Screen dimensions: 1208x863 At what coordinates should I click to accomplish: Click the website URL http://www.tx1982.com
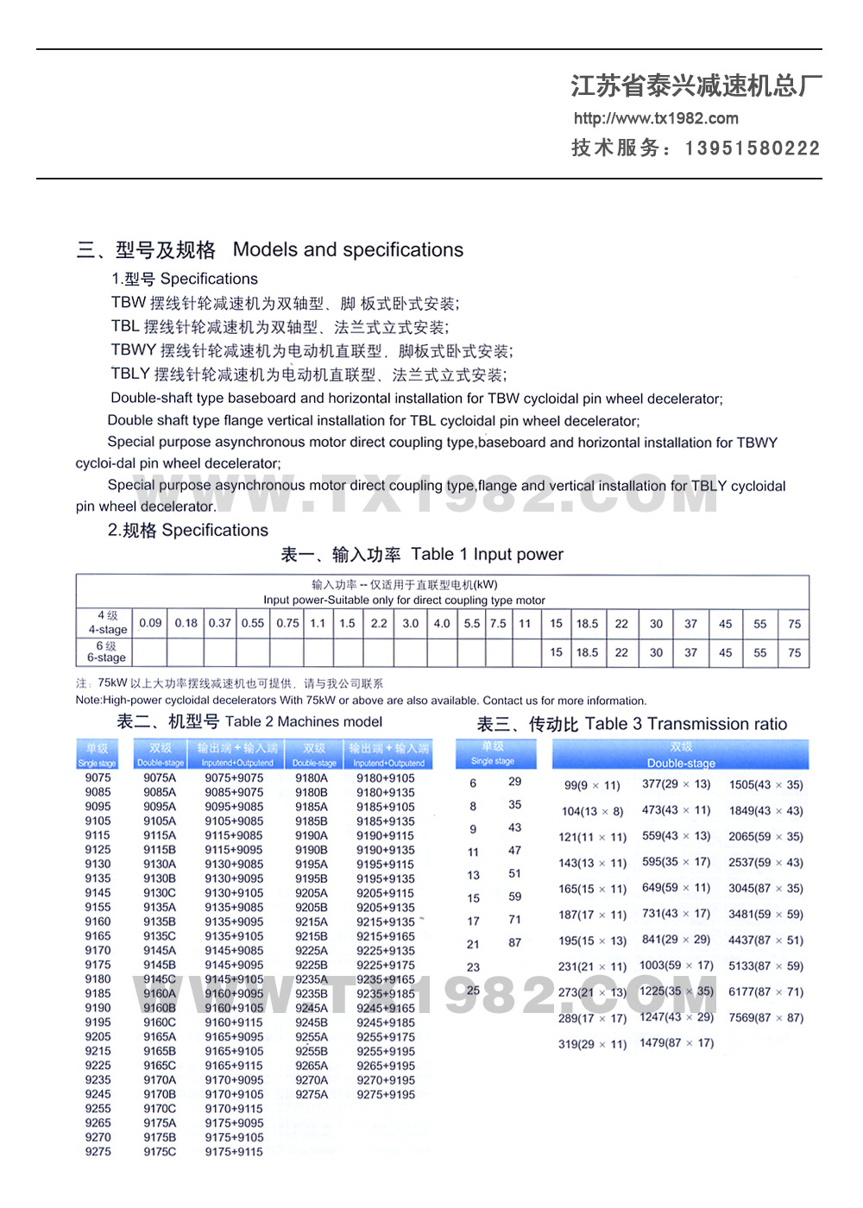(x=656, y=118)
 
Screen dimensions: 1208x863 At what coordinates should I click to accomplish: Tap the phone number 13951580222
(x=752, y=148)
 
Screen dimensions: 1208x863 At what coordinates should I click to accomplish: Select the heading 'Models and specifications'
(x=348, y=250)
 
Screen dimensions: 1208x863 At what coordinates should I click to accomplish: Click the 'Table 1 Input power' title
(x=487, y=555)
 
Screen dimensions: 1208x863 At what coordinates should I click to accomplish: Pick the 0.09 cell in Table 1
(x=150, y=623)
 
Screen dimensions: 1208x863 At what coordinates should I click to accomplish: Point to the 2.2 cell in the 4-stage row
(x=379, y=623)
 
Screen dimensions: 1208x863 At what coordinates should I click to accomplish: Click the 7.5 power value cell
(x=498, y=623)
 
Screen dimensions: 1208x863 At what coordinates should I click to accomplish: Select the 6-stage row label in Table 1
(x=106, y=652)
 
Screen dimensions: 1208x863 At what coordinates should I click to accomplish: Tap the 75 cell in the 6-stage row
(x=794, y=652)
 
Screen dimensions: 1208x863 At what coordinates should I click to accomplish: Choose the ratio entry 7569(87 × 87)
(x=765, y=1017)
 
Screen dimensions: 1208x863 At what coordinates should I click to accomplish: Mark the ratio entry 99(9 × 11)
(x=592, y=785)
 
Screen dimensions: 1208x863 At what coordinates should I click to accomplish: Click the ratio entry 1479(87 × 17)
(x=677, y=1043)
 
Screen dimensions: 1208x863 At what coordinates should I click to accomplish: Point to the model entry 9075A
(x=160, y=777)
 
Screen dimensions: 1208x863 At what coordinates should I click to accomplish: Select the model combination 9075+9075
(x=234, y=777)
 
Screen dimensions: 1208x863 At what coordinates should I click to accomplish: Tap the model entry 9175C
(x=160, y=1152)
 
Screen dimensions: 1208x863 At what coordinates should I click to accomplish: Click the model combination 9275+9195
(x=386, y=1094)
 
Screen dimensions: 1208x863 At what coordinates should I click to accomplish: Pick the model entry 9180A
(x=312, y=777)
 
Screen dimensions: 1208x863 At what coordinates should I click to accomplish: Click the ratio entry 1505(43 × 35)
(x=765, y=784)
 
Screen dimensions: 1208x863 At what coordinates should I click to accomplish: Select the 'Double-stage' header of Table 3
(x=681, y=763)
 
